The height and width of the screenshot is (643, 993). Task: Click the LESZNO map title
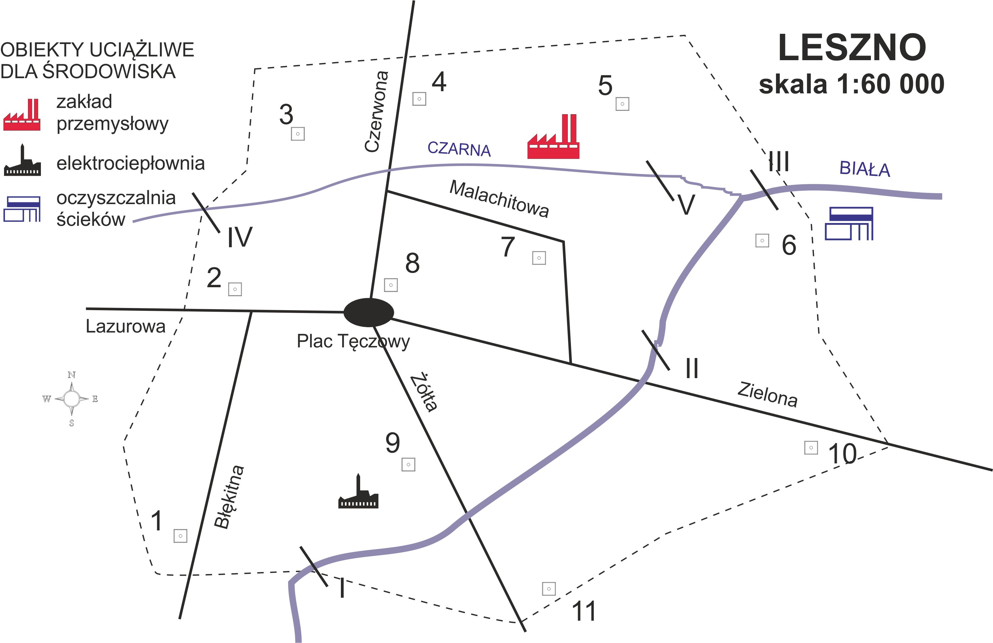point(852,48)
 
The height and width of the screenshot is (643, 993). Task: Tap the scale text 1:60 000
point(851,84)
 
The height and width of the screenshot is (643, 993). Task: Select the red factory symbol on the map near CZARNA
point(553,137)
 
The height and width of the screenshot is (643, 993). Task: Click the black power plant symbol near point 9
point(358,493)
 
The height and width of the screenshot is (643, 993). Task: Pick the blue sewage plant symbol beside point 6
point(849,224)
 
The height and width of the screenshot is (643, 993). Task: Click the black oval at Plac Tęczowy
point(369,312)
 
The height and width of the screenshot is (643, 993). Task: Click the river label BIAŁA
point(864,169)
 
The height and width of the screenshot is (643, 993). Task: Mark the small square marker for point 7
point(539,258)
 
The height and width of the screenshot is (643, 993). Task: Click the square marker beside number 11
point(549,589)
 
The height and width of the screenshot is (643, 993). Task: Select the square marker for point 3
point(298,134)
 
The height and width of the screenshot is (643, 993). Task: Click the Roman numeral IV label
point(240,238)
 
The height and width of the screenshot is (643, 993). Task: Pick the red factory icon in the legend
point(22,115)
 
